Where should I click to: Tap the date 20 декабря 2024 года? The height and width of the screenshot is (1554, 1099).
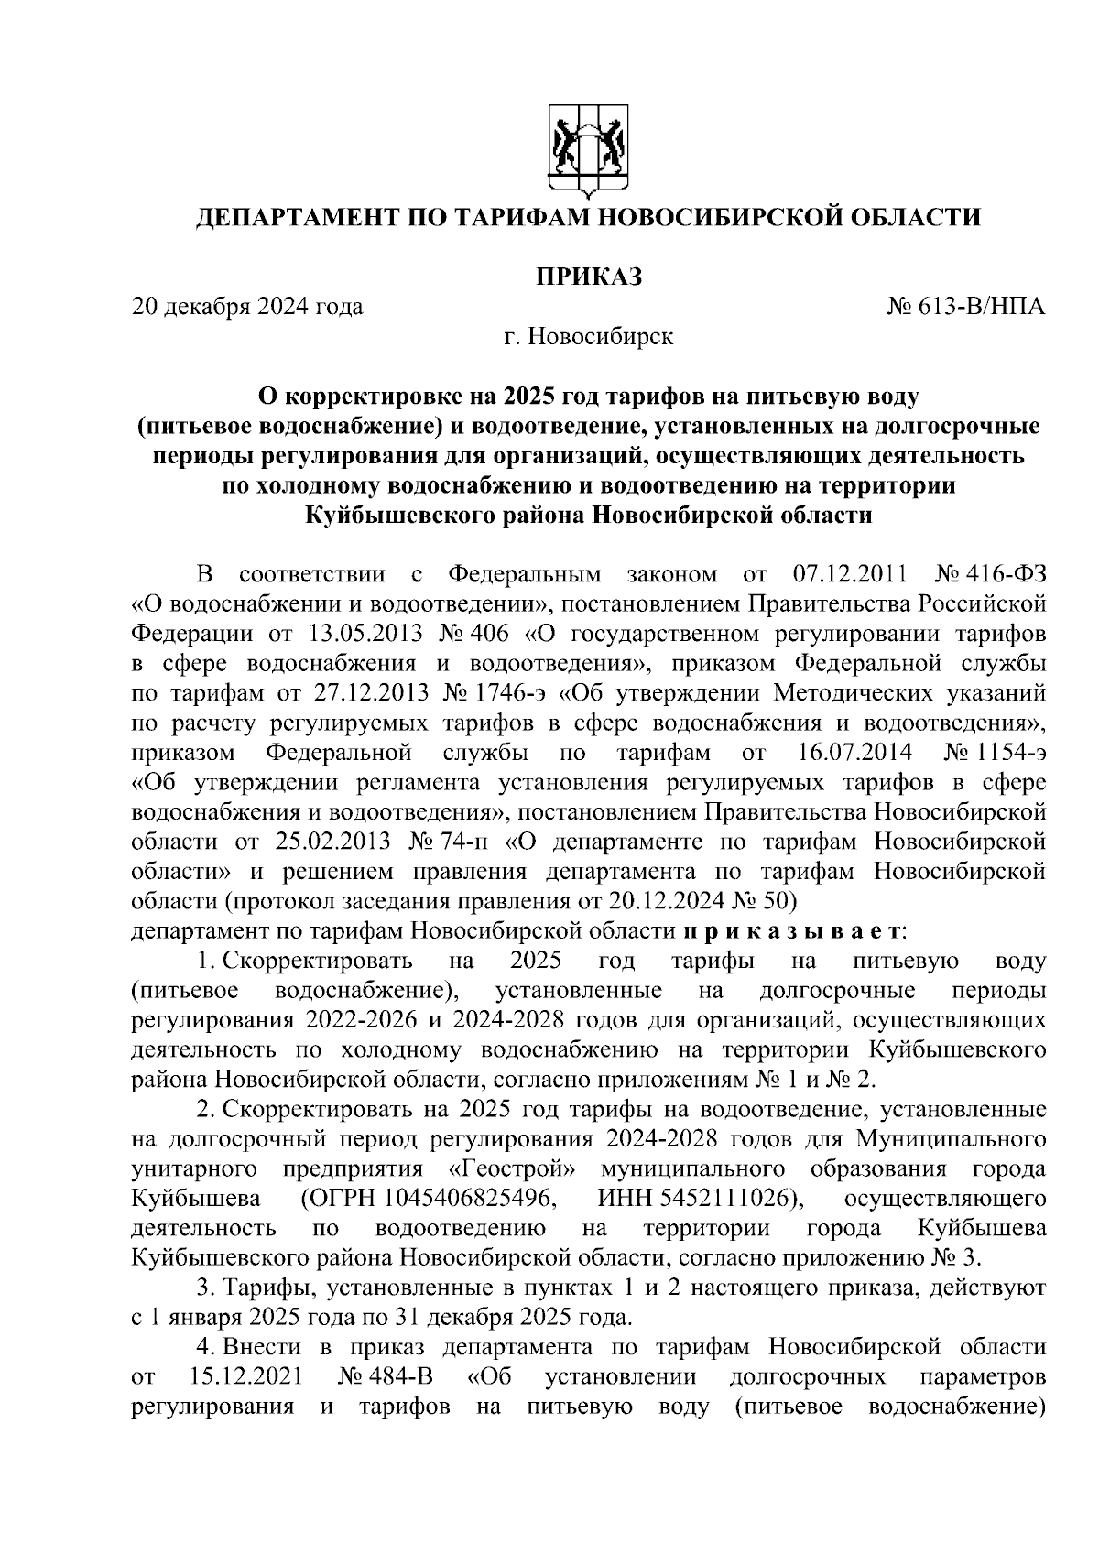(247, 306)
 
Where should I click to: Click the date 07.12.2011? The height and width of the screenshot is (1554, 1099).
(847, 575)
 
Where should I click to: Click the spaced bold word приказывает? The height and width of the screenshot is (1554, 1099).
(792, 931)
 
